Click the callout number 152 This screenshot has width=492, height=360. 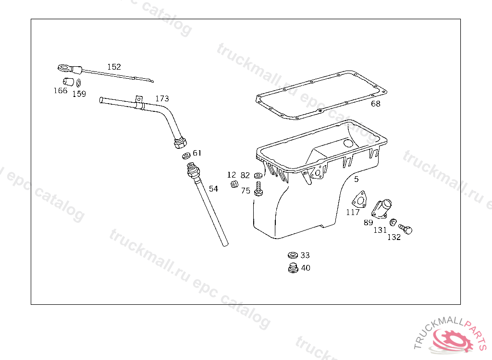[114, 67]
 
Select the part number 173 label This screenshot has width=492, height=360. [162, 98]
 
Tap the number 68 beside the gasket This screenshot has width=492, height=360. [376, 104]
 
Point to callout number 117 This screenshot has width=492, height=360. [353, 212]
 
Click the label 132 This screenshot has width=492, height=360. [394, 238]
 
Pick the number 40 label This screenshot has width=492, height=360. [306, 268]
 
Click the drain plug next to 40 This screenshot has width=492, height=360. [293, 268]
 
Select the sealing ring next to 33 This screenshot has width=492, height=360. [293, 255]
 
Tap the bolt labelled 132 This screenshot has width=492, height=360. [406, 229]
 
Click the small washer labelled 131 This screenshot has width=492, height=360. [393, 222]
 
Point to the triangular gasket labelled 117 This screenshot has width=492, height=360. [359, 199]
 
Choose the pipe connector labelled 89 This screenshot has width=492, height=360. [381, 208]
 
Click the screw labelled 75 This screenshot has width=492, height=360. [258, 189]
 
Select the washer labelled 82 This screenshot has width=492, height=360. [258, 175]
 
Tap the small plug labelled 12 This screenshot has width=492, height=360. [234, 184]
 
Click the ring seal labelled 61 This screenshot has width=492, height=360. [186, 155]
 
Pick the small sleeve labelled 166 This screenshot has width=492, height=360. [68, 82]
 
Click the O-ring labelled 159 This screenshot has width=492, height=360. [79, 83]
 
